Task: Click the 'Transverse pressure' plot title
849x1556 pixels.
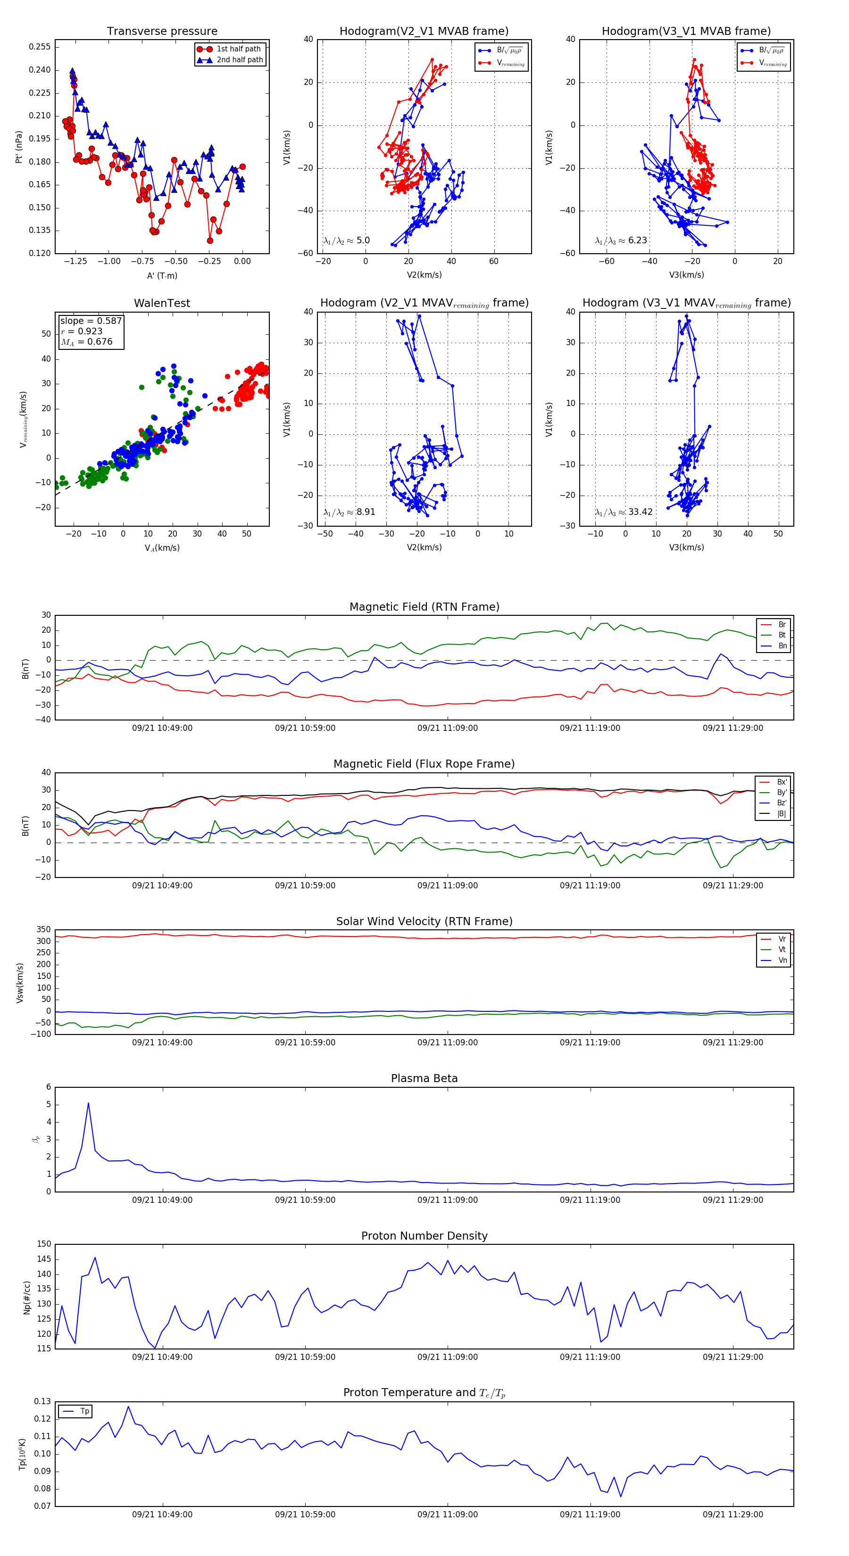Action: [162, 32]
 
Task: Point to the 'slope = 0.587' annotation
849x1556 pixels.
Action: [91, 321]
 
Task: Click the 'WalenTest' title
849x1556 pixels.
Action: [162, 303]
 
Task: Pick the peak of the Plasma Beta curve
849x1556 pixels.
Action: [88, 1103]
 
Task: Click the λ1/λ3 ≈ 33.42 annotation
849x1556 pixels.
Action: [624, 512]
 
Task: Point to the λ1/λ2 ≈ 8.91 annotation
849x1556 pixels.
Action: [349, 512]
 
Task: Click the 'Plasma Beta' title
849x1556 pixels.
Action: [424, 1079]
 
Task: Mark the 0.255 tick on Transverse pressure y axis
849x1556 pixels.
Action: [40, 47]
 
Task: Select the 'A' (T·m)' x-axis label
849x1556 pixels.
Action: [162, 275]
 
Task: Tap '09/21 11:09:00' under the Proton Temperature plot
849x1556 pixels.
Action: [447, 1515]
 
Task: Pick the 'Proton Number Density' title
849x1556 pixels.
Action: [424, 1236]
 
